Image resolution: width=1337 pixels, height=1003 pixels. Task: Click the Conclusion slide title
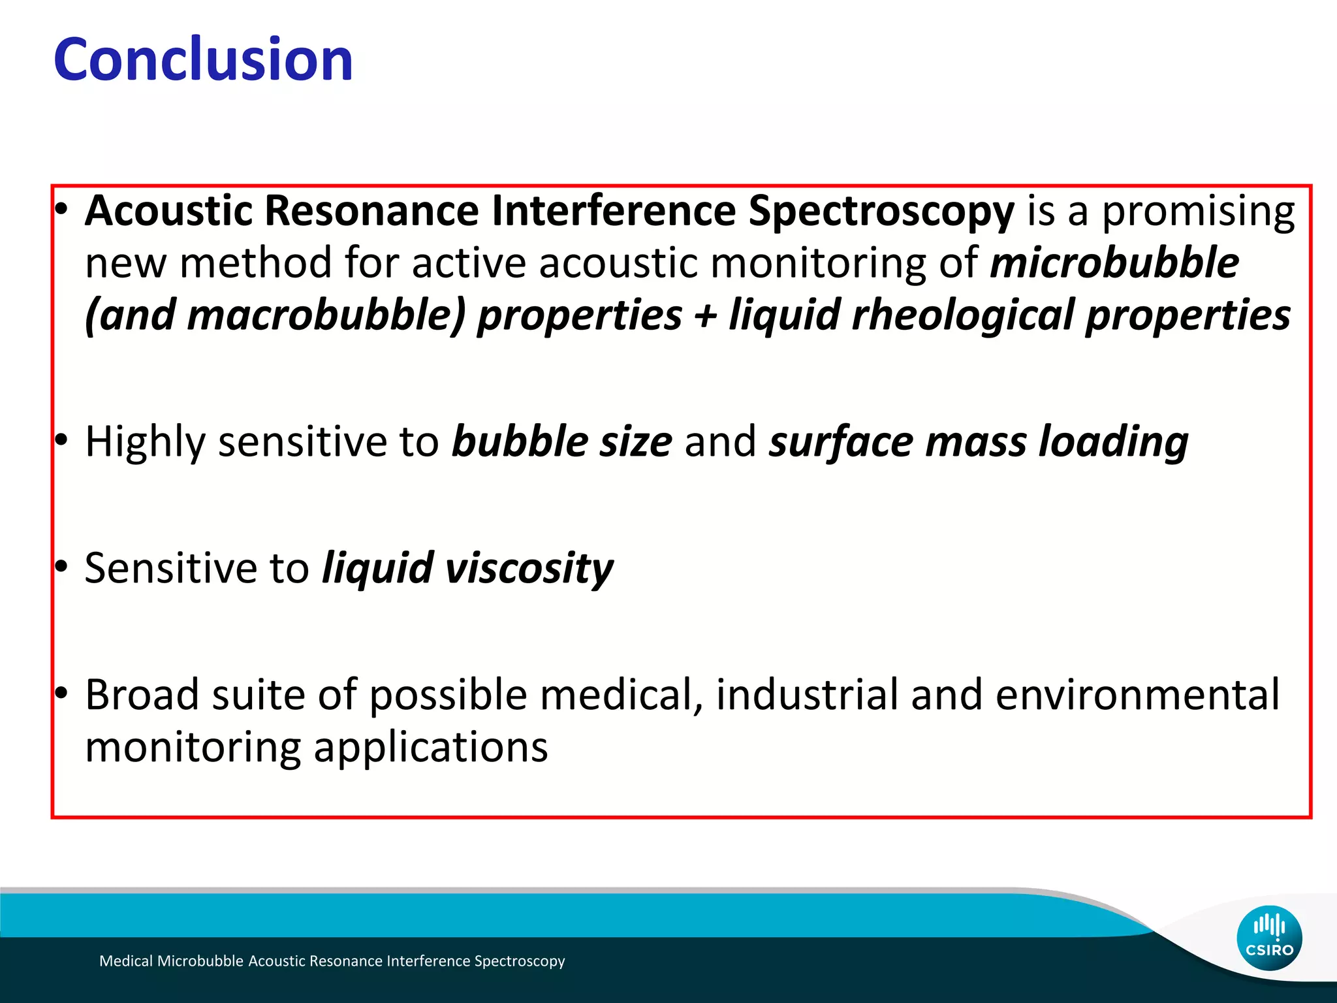click(x=203, y=60)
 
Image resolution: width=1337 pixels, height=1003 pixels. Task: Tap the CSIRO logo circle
click(x=1269, y=938)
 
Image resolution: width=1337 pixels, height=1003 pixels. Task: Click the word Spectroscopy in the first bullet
click(x=881, y=212)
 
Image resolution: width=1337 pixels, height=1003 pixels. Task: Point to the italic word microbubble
click(x=1114, y=263)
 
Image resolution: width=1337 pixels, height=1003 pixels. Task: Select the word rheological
click(x=962, y=315)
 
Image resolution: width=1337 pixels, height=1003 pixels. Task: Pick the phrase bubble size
click(x=562, y=442)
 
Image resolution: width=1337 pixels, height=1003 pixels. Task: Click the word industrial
click(x=807, y=695)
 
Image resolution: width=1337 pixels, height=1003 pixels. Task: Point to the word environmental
click(x=1137, y=695)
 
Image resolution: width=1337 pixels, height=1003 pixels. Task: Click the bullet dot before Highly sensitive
click(x=61, y=441)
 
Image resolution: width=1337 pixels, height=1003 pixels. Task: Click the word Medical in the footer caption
click(x=127, y=961)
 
